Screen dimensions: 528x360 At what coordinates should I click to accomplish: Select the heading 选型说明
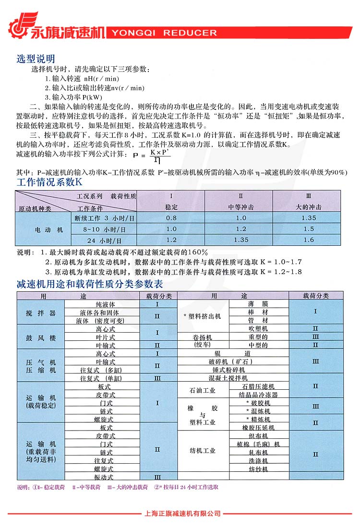click(x=36, y=59)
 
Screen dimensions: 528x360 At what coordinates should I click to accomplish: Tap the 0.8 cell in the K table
click(x=171, y=218)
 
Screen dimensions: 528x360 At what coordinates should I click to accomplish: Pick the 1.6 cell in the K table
click(x=309, y=240)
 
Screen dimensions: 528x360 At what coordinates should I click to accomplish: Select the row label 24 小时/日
click(x=102, y=240)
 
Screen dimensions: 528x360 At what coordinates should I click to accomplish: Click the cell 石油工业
click(x=203, y=391)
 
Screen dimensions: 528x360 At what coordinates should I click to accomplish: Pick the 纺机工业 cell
click(x=203, y=451)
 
